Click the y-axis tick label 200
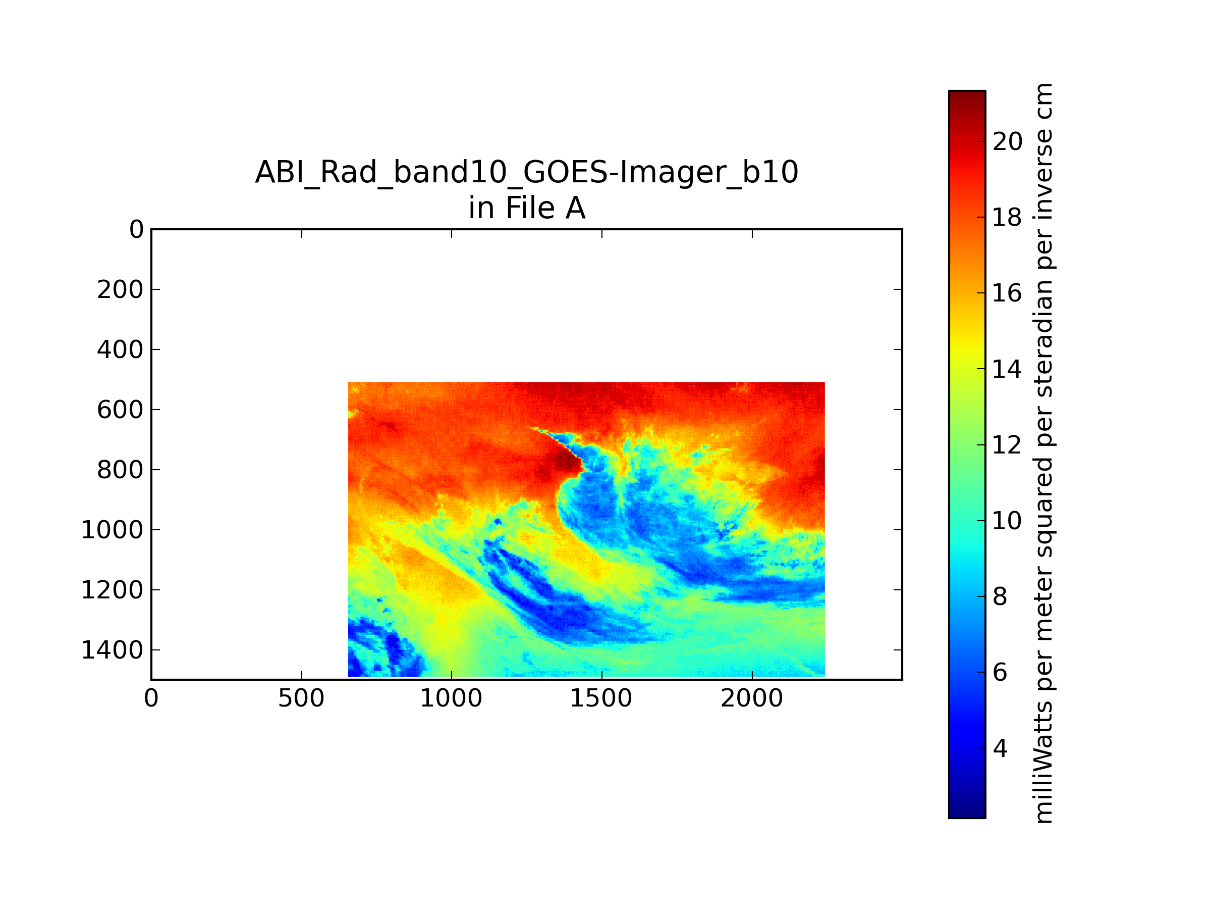point(120,290)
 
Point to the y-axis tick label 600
point(120,410)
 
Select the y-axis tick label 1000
point(112,530)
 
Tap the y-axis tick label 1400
point(112,650)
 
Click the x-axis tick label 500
point(301,698)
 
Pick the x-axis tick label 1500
point(601,698)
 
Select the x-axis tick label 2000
point(752,698)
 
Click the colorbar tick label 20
point(1007,142)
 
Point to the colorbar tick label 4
point(1000,748)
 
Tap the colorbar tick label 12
point(1007,445)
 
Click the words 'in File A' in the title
point(527,208)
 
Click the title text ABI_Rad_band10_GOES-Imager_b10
point(527,172)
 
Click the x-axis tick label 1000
point(451,698)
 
